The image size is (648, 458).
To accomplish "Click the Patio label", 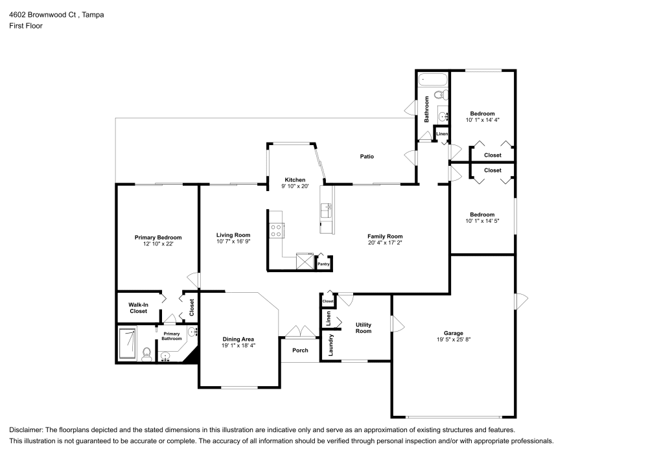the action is (367, 157).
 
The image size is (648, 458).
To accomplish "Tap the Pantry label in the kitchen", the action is (323, 264).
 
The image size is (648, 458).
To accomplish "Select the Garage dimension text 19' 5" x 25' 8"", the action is (454, 339).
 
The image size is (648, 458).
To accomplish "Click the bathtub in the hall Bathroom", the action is (433, 80).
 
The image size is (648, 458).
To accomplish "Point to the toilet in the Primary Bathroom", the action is (146, 355).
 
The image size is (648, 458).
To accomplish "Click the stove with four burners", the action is (275, 231).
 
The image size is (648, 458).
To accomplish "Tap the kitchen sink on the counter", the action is (326, 210).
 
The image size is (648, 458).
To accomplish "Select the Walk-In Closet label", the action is (139, 308).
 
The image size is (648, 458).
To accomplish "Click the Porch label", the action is (300, 350).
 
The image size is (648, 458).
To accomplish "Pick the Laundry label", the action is (330, 345).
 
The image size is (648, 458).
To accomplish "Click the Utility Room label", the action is (364, 328).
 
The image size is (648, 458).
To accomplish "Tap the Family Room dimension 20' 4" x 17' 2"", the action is (385, 243).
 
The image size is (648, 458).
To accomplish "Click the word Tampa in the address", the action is (93, 15).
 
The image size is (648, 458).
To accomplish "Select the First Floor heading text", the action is (26, 26).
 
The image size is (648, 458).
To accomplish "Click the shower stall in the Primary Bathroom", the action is (128, 343).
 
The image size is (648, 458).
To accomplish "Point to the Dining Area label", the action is (238, 339).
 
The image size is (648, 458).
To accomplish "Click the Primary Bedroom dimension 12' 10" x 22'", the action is (158, 244).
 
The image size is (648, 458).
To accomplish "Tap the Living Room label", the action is (233, 235).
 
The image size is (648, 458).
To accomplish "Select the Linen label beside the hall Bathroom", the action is (442, 134).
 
